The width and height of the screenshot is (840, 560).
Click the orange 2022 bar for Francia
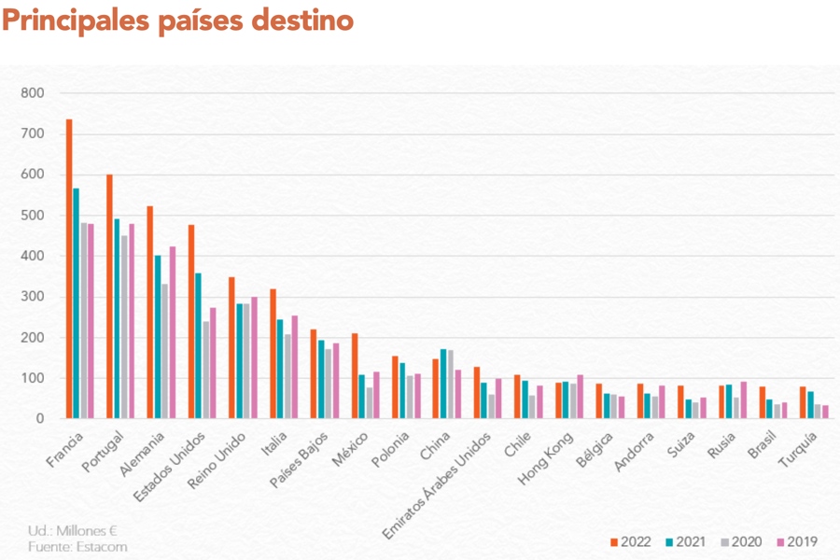(69, 269)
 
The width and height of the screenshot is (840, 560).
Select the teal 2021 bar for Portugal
(117, 318)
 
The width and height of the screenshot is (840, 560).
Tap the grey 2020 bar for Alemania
(164, 351)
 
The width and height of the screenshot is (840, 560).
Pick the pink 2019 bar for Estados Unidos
(213, 363)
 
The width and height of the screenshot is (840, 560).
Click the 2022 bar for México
(355, 375)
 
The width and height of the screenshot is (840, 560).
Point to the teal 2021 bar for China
(443, 384)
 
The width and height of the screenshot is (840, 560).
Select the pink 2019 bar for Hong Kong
(581, 397)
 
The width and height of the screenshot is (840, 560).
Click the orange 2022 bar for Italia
(273, 354)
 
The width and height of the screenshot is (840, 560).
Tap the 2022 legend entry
(631, 541)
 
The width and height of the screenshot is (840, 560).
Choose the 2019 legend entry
(797, 541)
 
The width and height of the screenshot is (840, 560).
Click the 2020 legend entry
(741, 541)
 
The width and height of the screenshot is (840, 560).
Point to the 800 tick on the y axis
(32, 93)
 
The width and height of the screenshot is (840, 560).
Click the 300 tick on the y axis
(32, 297)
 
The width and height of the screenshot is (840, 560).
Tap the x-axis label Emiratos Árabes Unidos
(437, 485)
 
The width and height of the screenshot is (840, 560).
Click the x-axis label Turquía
(798, 449)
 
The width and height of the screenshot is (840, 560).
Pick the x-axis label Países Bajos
(299, 460)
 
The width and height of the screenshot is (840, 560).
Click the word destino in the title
(302, 21)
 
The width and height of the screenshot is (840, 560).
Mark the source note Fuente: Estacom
(77, 547)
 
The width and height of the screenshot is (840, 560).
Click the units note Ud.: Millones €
(72, 531)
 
